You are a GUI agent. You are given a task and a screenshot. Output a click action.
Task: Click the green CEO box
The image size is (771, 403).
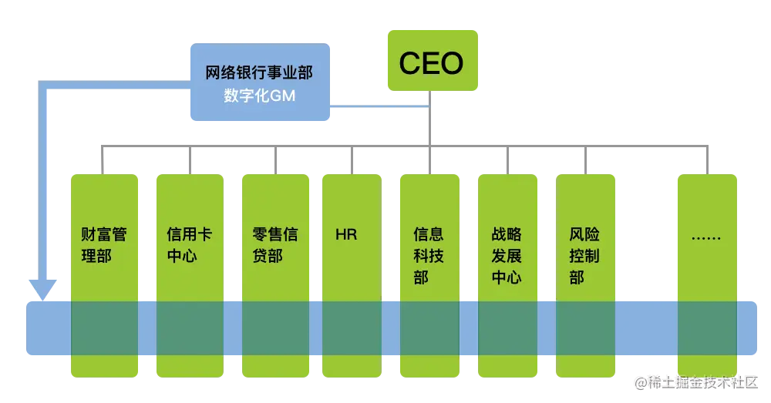click(x=431, y=62)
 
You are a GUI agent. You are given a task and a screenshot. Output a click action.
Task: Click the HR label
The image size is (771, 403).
click(x=347, y=234)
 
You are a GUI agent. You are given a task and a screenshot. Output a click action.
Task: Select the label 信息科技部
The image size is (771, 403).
click(x=429, y=255)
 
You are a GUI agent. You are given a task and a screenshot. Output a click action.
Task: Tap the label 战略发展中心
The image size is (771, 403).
click(x=507, y=255)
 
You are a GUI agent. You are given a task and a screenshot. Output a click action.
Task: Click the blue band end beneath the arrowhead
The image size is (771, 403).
click(x=46, y=328)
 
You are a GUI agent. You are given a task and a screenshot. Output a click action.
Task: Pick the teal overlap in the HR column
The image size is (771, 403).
click(x=352, y=328)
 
